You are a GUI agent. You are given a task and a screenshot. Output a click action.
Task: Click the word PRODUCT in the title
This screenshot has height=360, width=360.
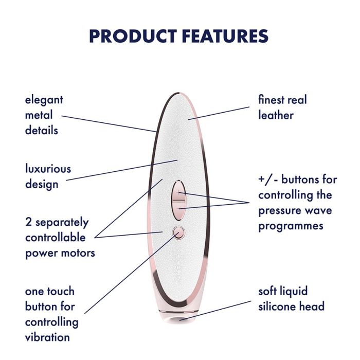click(x=133, y=36)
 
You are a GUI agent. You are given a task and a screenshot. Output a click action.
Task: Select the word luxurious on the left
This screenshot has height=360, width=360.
click(x=48, y=169)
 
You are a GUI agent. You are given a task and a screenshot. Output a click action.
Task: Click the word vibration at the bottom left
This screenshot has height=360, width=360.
click(x=47, y=337)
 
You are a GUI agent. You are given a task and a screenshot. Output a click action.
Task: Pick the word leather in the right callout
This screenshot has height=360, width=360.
click(x=276, y=115)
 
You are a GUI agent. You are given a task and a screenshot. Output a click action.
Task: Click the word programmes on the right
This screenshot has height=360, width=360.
click(x=291, y=226)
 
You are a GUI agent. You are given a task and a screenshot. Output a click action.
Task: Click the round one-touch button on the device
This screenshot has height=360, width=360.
click(x=178, y=232)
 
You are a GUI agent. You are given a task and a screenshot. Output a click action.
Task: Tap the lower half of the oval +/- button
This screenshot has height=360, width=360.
click(x=178, y=210)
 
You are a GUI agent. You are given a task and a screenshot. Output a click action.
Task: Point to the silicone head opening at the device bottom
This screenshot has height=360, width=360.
click(x=178, y=319)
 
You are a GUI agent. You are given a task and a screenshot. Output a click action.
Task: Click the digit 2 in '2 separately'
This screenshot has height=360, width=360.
click(x=28, y=223)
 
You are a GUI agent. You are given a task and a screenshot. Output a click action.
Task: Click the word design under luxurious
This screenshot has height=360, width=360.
click(x=42, y=184)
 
